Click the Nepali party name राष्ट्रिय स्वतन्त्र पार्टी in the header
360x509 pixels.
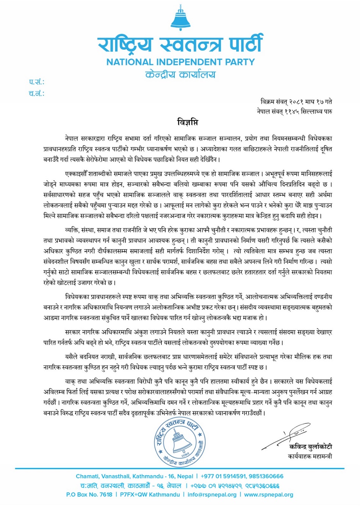pos(180,44)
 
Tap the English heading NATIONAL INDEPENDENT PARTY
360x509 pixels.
pos(180,62)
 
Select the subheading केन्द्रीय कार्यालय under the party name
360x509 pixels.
pos(180,74)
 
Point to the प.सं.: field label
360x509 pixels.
pos(36,82)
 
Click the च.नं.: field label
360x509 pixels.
pos(36,93)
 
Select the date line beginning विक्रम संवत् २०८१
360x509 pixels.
pos(296,102)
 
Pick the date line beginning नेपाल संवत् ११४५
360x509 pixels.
pos(294,112)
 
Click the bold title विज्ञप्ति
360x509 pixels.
pos(187,122)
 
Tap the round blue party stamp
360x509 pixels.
pos(180,442)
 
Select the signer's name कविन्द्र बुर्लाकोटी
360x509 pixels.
pos(310,447)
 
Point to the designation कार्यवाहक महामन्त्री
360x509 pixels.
pos(310,456)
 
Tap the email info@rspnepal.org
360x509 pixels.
pos(212,495)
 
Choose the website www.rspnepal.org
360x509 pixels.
pos(268,495)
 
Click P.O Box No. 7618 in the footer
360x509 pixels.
pos(89,495)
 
